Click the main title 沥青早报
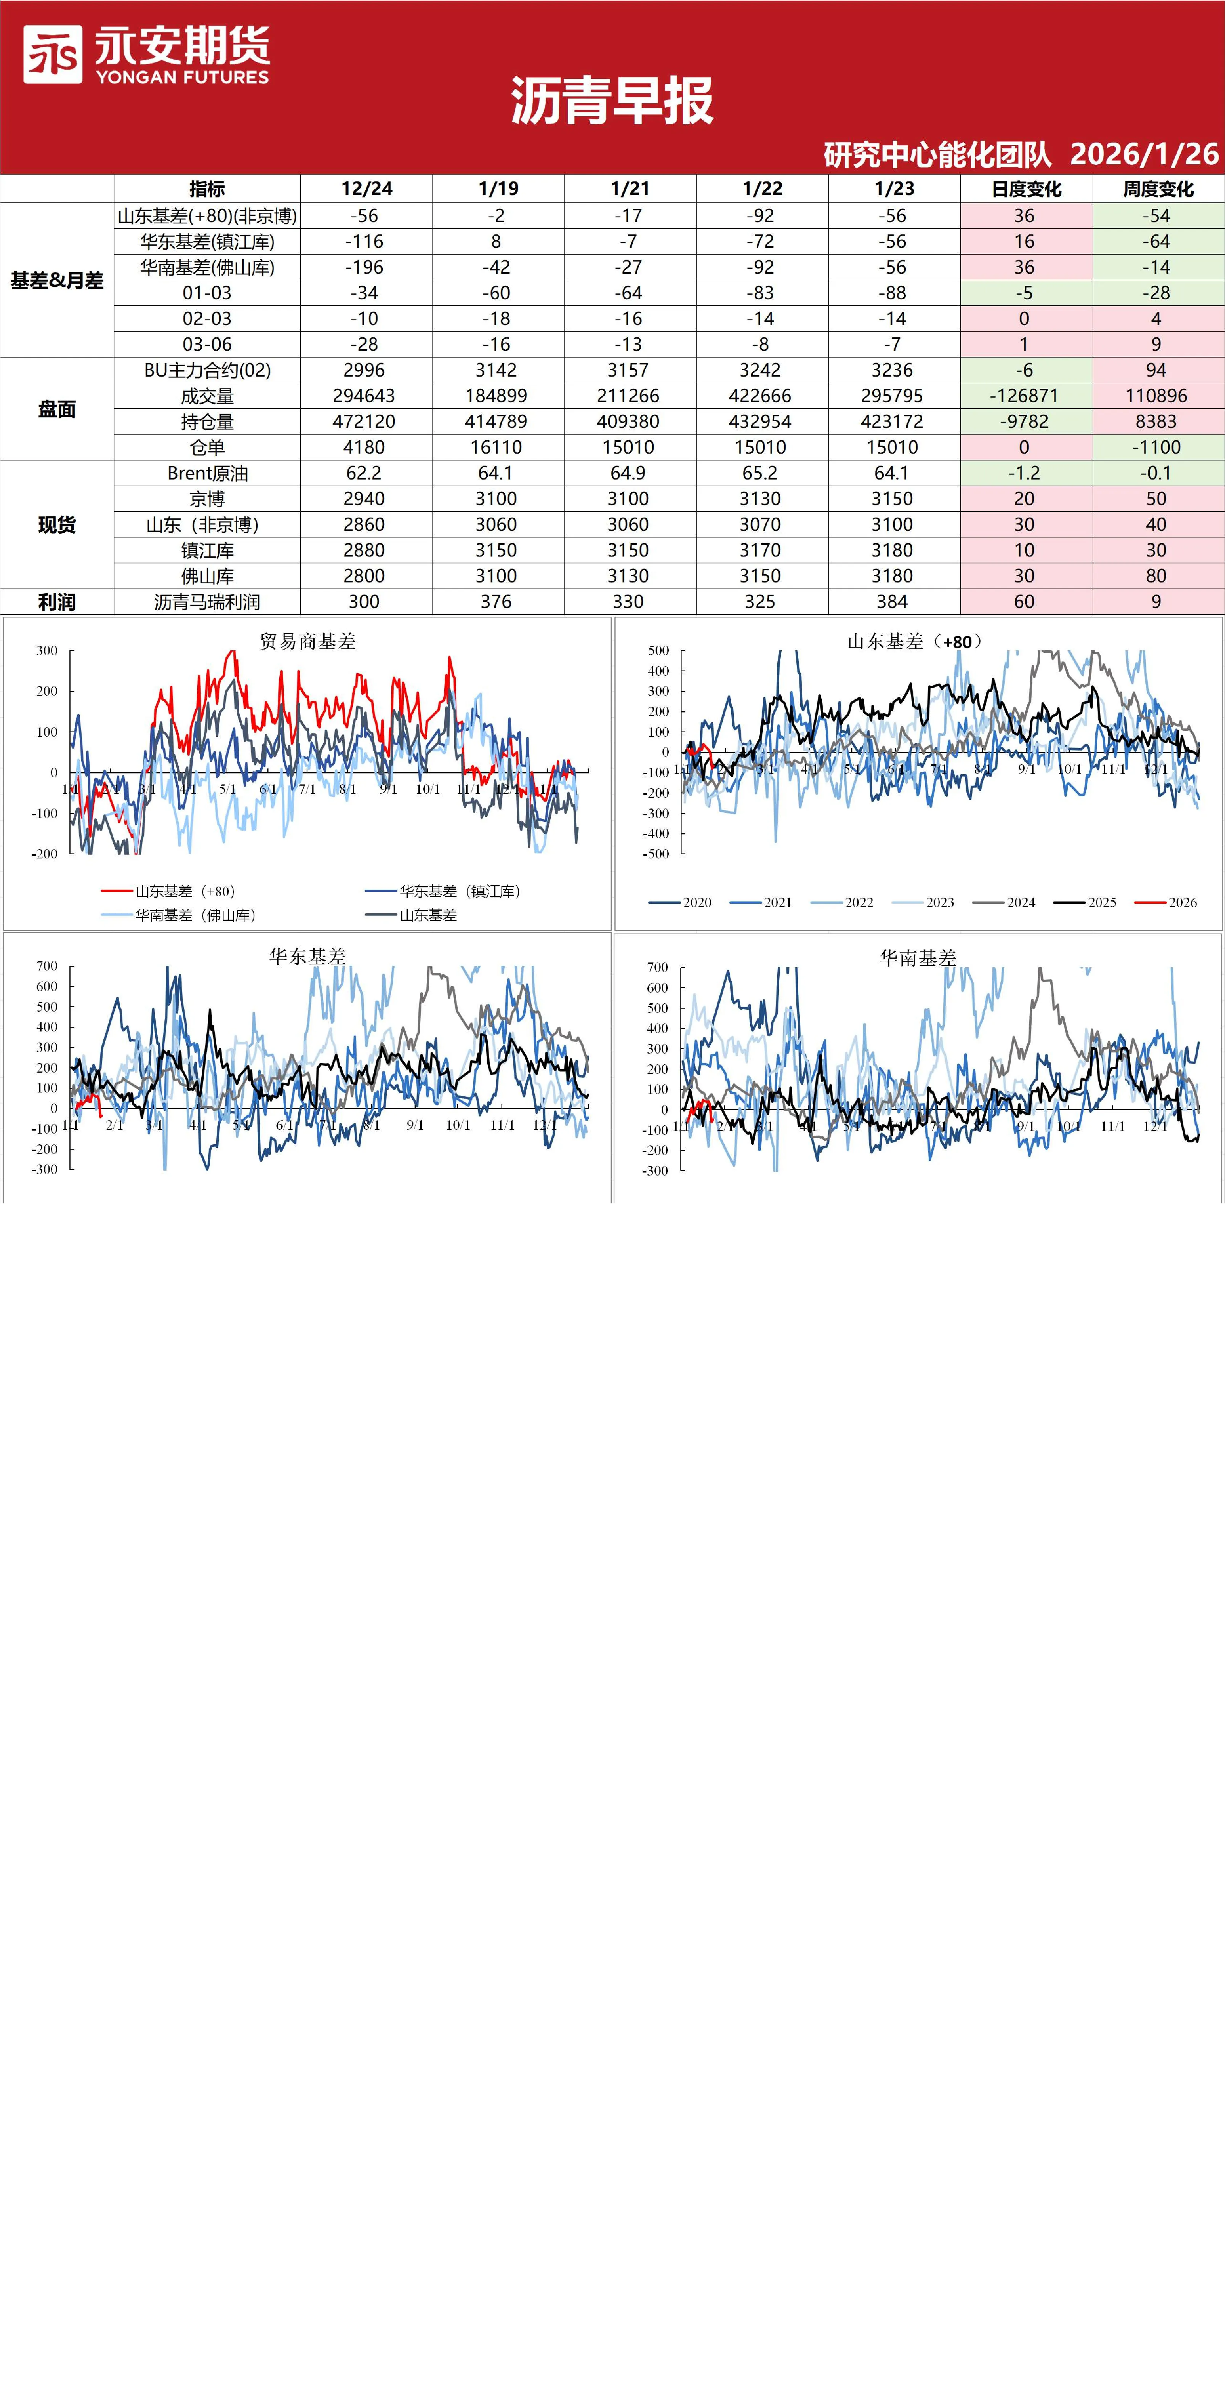tap(612, 101)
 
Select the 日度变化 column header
tap(1026, 189)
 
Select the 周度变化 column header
tap(1158, 189)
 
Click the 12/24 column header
tap(366, 189)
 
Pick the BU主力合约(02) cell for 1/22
tap(760, 370)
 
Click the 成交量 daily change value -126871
tap(1024, 396)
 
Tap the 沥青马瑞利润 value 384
tap(892, 601)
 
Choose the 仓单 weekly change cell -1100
tap(1157, 448)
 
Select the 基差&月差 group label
tap(57, 280)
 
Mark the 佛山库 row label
tap(207, 576)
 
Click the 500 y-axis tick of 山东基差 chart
tap(659, 650)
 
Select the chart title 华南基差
tap(918, 958)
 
